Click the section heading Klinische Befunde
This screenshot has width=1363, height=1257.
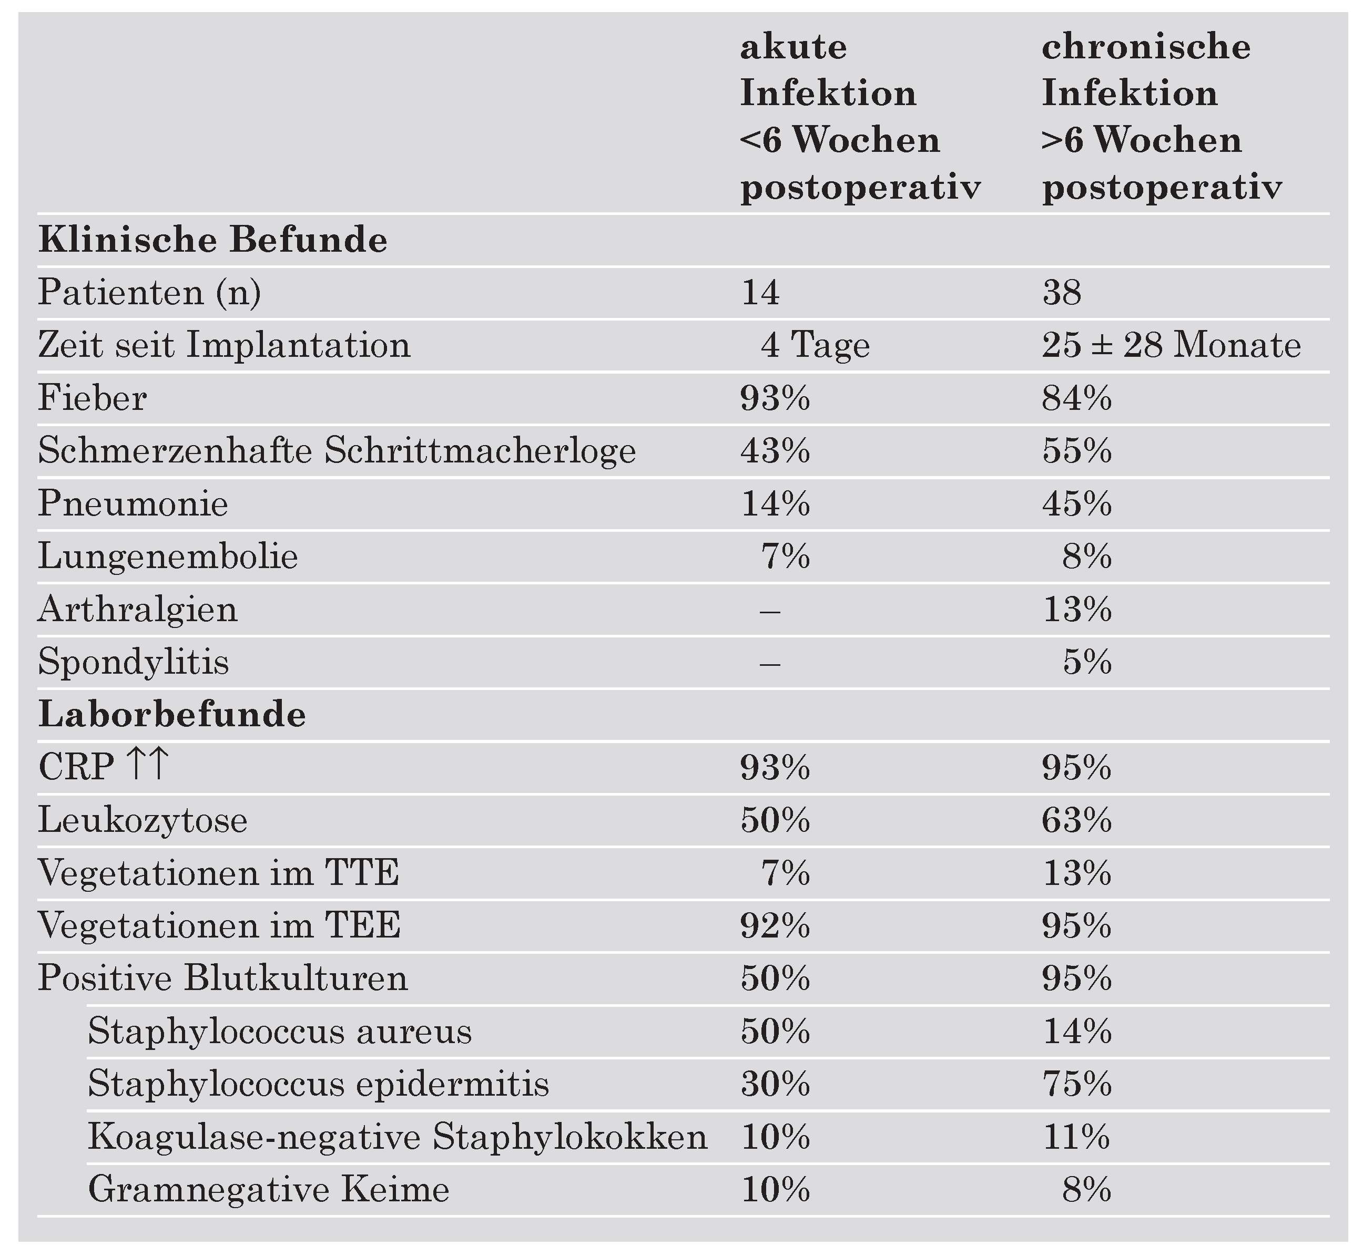212,241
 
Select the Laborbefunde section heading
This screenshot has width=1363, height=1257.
171,715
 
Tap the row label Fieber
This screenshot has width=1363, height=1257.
92,398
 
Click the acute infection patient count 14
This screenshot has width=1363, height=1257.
759,293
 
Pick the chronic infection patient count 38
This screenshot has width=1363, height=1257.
1062,293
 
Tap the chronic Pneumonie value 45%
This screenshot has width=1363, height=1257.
1076,504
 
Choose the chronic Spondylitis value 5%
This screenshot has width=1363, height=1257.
1087,662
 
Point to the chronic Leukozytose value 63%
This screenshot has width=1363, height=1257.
1076,821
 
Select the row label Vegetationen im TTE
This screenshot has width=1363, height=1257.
218,873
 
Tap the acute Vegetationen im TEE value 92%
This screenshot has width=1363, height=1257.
775,926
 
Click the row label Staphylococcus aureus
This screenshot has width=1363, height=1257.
280,1031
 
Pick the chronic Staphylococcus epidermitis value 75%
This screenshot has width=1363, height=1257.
1076,1084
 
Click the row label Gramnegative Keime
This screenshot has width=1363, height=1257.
269,1190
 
